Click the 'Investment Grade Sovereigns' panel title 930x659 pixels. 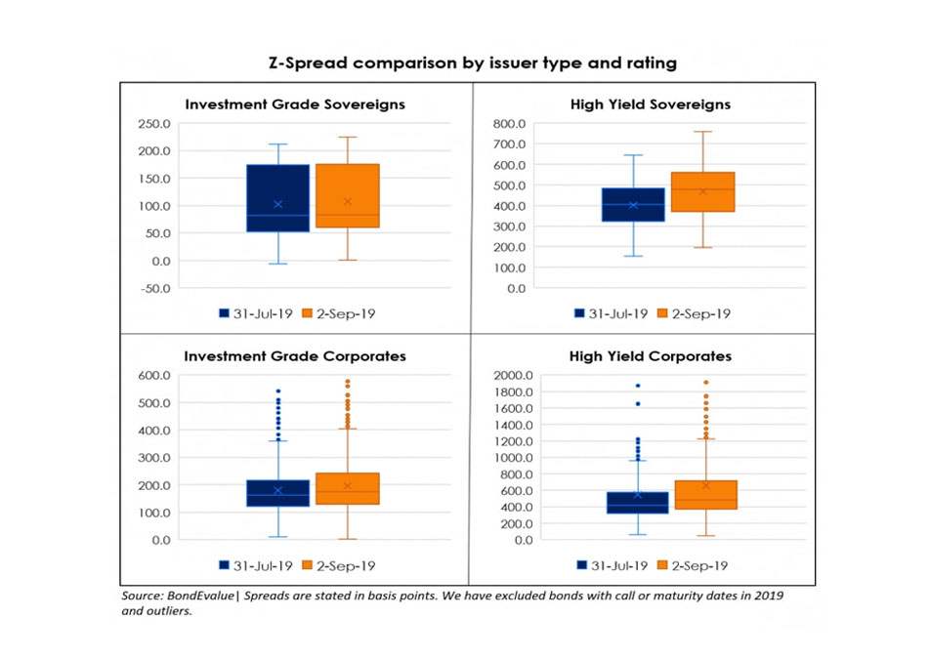pyautogui.click(x=295, y=103)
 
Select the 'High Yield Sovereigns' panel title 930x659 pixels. pyautogui.click(x=650, y=103)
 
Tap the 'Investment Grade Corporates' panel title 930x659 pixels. pyautogui.click(x=295, y=356)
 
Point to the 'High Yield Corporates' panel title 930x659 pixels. pyautogui.click(x=650, y=356)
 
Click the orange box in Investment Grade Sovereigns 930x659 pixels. pyautogui.click(x=347, y=195)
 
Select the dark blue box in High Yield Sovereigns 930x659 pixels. pyautogui.click(x=633, y=204)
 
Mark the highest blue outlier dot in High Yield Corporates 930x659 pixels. pyautogui.click(x=639, y=386)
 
